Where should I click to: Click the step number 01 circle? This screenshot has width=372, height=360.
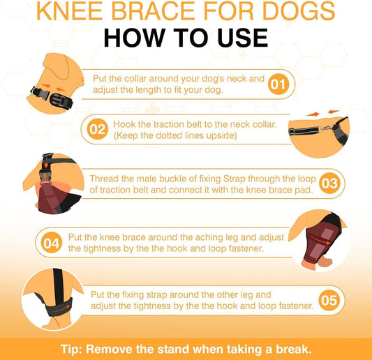[278, 85]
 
